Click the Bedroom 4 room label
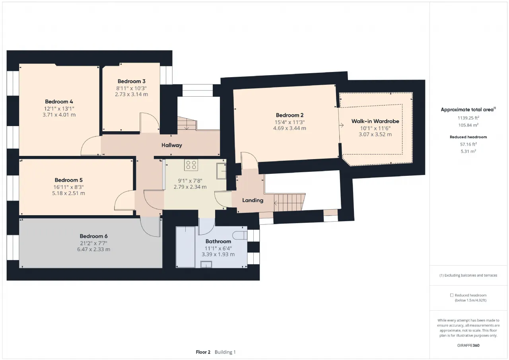[x=59, y=101]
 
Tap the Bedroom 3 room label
[x=131, y=82]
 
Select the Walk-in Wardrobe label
[x=375, y=121]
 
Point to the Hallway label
[x=171, y=145]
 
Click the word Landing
[x=253, y=200]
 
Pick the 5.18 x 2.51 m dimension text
[x=68, y=193]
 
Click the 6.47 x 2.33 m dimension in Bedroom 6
[x=93, y=249]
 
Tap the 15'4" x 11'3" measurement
[x=289, y=122]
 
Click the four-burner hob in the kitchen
[x=191, y=165]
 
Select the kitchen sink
[x=221, y=171]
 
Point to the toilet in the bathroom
[x=240, y=235]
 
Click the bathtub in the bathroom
[x=185, y=247]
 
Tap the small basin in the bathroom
[x=206, y=264]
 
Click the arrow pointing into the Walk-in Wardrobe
[x=341, y=125]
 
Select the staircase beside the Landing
[x=289, y=202]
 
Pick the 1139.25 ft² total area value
[x=468, y=118]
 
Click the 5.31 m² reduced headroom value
[x=468, y=151]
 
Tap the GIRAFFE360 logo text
[x=468, y=345]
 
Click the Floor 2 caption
[x=203, y=352]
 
